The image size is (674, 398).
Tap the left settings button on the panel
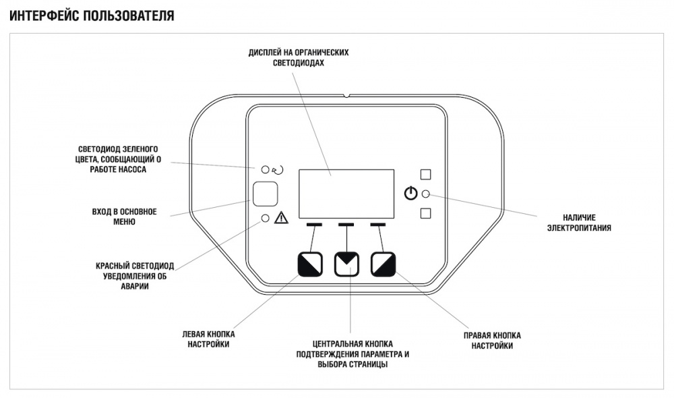pyautogui.click(x=310, y=264)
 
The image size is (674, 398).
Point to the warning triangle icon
pyautogui.click(x=281, y=218)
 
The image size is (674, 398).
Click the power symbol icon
pyautogui.click(x=410, y=194)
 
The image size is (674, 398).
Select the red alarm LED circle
pyautogui.click(x=265, y=218)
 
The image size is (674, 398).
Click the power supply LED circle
pyautogui.click(x=425, y=194)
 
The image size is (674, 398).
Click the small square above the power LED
pyautogui.click(x=425, y=174)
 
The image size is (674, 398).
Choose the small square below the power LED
pyautogui.click(x=425, y=214)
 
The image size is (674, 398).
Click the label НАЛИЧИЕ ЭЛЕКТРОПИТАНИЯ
pyautogui.click(x=579, y=223)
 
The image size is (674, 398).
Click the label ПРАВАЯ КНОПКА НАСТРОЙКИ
pyautogui.click(x=492, y=341)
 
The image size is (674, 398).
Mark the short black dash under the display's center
pyautogui.click(x=346, y=224)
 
